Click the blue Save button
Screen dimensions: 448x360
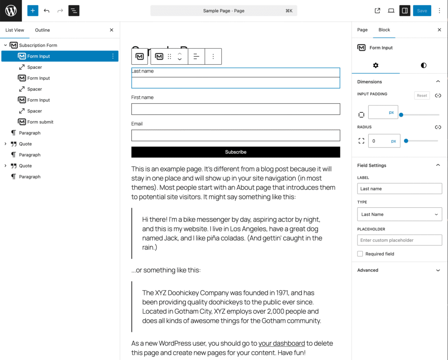click(422, 11)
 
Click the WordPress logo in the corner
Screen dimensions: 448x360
click(11, 11)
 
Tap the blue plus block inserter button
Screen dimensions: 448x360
click(33, 11)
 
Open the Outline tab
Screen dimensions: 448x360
click(42, 30)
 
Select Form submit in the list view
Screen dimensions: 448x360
click(40, 122)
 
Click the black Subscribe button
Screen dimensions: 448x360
click(235, 152)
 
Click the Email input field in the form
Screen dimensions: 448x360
click(235, 136)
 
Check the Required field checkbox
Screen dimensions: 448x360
click(360, 254)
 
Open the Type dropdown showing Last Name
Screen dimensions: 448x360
click(399, 214)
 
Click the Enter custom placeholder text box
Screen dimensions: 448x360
click(399, 240)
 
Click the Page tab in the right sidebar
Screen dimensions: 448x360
click(362, 30)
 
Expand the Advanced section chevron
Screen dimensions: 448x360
click(438, 270)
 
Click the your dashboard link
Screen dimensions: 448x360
click(281, 343)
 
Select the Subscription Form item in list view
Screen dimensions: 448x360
click(38, 45)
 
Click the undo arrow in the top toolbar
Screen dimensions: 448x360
click(47, 11)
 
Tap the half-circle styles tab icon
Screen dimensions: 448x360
click(423, 65)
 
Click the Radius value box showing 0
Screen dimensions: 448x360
click(379, 141)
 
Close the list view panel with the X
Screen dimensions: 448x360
click(112, 30)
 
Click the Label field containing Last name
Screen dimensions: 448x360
click(399, 189)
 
